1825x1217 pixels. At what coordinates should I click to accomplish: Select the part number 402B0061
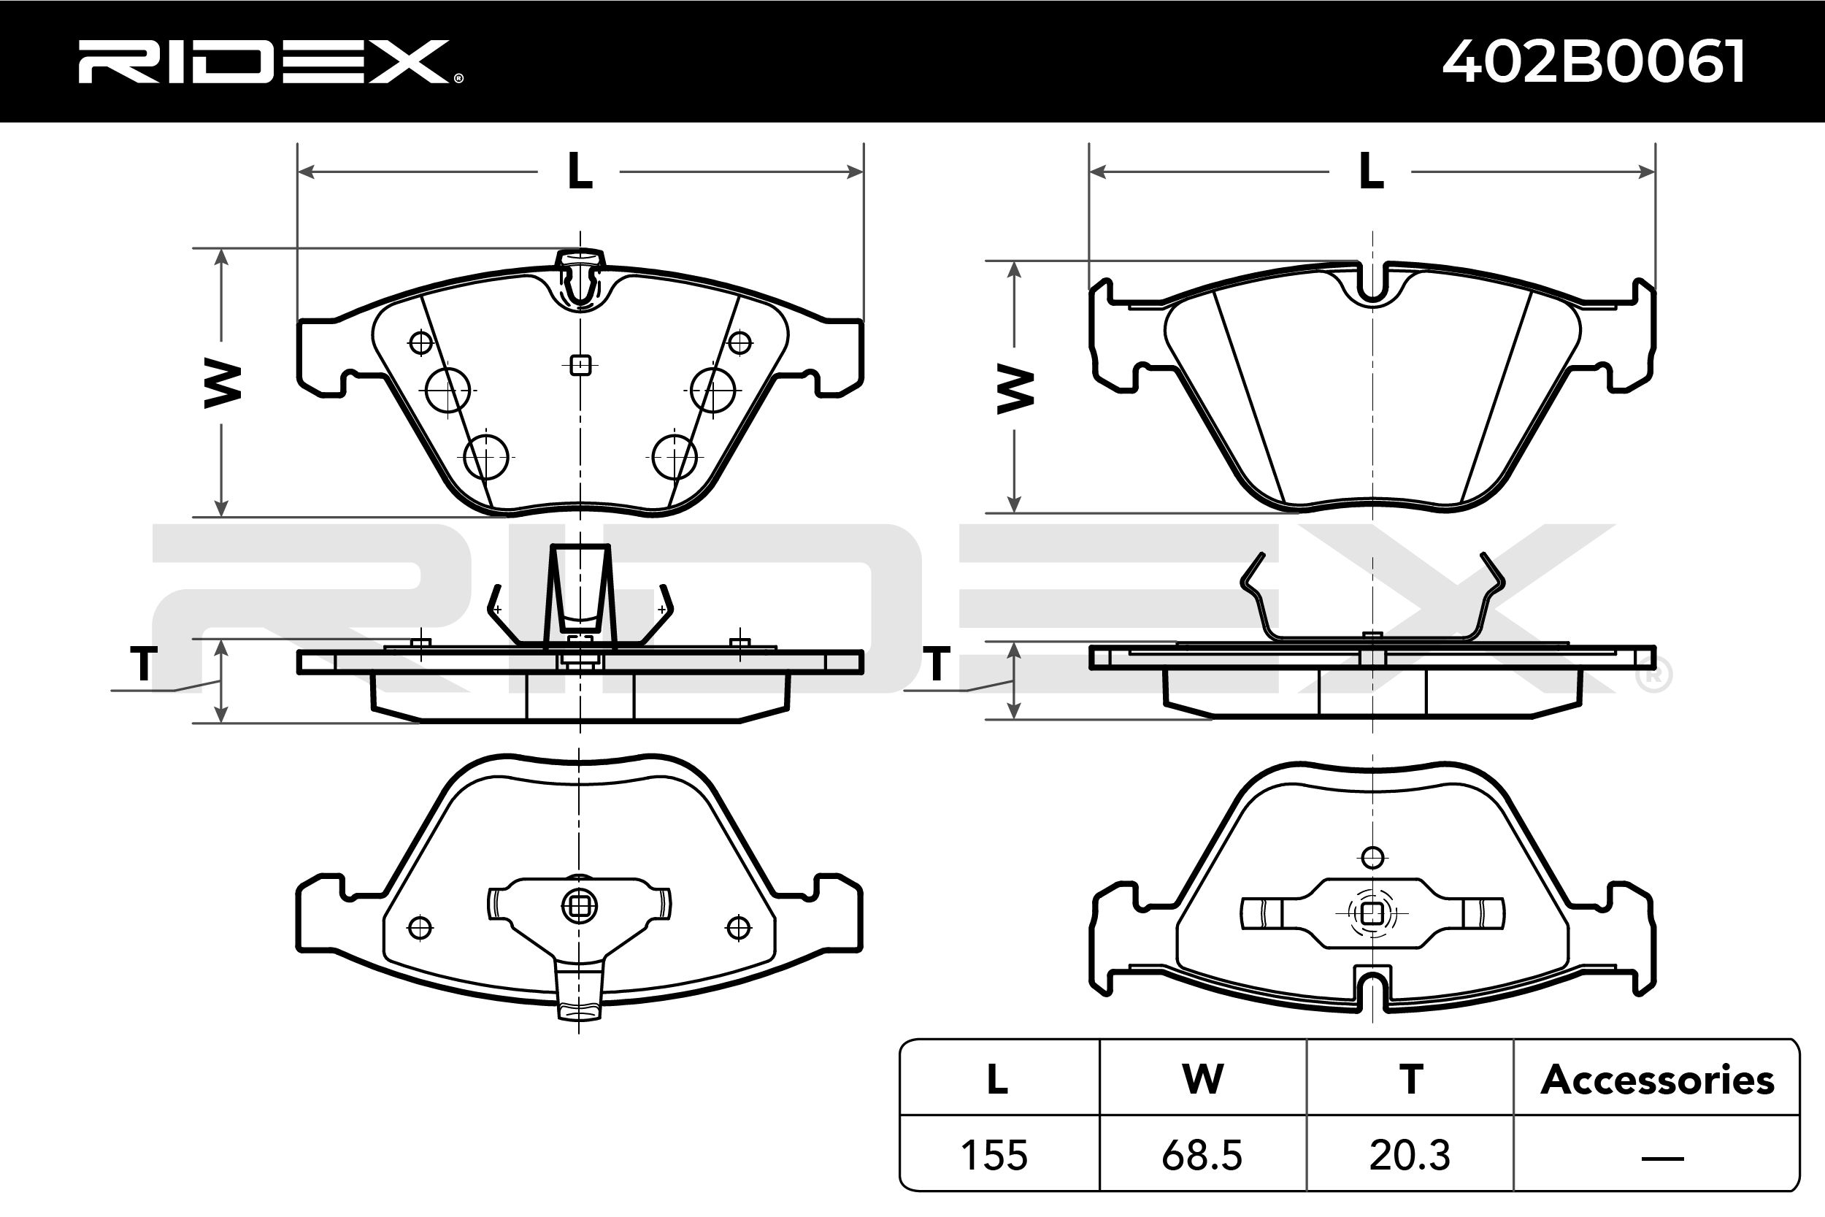point(1594,61)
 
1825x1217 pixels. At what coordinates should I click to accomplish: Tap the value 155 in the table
point(995,1156)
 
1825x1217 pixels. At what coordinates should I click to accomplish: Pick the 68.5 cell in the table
point(1202,1156)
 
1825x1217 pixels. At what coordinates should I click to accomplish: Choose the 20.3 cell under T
point(1410,1156)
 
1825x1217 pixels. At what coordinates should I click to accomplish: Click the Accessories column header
point(1657,1080)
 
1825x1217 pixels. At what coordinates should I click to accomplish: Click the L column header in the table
point(997,1080)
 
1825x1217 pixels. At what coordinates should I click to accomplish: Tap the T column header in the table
point(1410,1080)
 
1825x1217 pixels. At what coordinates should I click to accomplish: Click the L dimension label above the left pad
point(580,172)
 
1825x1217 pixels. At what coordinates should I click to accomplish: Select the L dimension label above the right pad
point(1371,172)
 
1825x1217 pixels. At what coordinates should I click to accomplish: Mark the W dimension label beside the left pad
point(222,383)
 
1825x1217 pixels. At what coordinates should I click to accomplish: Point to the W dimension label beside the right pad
point(1014,390)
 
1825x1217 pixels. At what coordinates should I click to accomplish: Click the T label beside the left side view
point(144,664)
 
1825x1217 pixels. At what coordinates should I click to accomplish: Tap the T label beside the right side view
point(937,664)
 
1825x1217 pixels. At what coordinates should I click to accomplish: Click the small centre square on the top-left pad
point(580,365)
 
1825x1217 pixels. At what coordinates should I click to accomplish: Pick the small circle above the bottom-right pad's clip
point(1372,858)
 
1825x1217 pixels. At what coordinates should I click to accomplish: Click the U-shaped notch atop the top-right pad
point(1372,284)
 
